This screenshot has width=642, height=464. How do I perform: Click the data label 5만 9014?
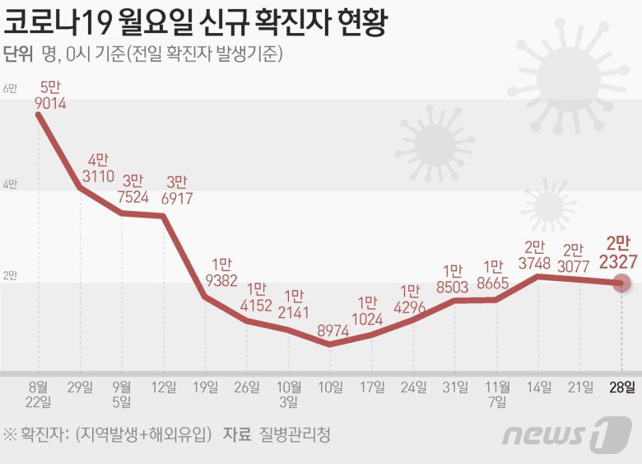(51, 95)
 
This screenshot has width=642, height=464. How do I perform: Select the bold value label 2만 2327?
(617, 251)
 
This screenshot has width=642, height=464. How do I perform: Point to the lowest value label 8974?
(331, 330)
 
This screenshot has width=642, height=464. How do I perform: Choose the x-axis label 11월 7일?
(498, 394)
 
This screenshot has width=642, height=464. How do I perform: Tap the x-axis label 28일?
(623, 387)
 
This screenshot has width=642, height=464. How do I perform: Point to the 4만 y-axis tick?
(10, 185)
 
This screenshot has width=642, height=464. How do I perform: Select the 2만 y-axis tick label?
(10, 275)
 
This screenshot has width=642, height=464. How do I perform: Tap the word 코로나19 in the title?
(64, 21)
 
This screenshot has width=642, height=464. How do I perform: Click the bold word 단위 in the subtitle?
(18, 54)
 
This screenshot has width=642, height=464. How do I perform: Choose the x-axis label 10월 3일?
(289, 394)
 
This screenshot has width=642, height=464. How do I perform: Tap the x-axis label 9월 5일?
(123, 394)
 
